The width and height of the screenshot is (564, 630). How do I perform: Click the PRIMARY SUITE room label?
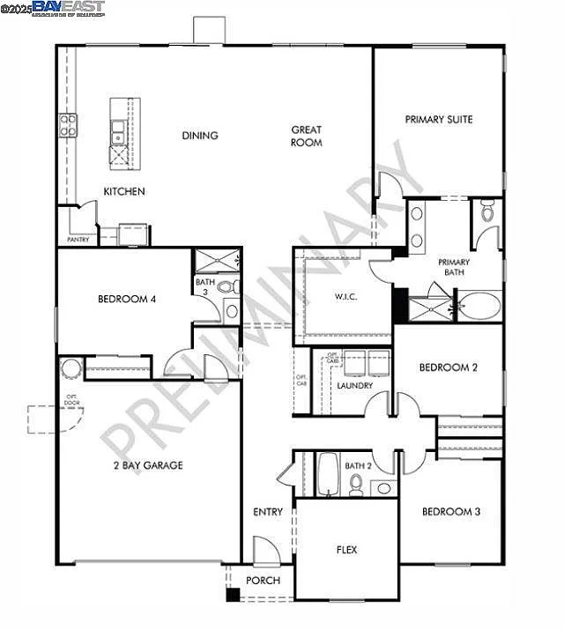pos(439,119)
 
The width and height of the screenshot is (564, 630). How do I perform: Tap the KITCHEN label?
pos(124,191)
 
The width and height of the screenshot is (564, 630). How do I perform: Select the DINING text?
pos(200,136)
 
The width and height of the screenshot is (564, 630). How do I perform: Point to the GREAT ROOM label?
pos(307,136)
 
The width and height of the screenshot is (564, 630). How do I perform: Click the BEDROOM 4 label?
pos(127,300)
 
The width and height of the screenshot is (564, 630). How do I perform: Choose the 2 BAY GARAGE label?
pos(148,465)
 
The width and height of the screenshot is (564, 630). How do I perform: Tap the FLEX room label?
pos(347,550)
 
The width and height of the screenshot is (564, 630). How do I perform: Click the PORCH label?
pos(263,581)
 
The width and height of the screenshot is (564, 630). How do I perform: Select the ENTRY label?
pos(268,512)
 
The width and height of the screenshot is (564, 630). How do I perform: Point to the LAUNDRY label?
pos(355,386)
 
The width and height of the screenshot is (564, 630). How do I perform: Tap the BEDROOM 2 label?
pos(448,367)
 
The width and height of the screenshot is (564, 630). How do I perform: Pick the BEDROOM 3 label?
pos(450,512)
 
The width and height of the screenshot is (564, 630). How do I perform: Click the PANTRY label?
pos(78,239)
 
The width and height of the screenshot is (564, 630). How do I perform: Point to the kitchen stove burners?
pos(68,126)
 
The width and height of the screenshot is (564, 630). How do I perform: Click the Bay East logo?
pos(69,8)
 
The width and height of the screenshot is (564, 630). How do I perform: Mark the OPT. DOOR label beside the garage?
pos(71,401)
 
